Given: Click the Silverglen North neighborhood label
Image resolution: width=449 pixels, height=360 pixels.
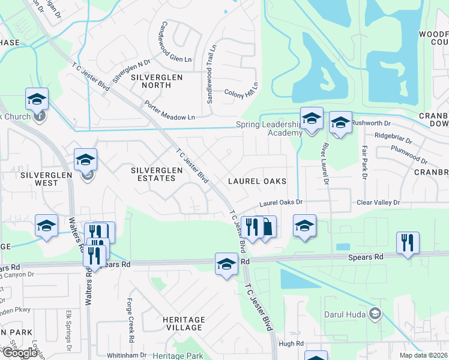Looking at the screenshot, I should [147, 81].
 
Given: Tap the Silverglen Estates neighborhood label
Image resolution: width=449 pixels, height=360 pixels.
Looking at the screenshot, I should [157, 174].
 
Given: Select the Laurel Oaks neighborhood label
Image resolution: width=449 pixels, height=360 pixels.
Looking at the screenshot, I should [256, 181].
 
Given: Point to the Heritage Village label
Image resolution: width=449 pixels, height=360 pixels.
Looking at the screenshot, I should [183, 323].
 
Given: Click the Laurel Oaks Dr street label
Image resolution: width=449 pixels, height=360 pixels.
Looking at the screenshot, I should [282, 203].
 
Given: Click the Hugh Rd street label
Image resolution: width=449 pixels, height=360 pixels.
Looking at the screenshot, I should [292, 343].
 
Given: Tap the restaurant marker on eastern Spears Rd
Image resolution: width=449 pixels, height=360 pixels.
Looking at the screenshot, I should [408, 243].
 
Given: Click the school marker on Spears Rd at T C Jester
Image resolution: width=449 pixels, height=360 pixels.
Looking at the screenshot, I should [226, 265].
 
